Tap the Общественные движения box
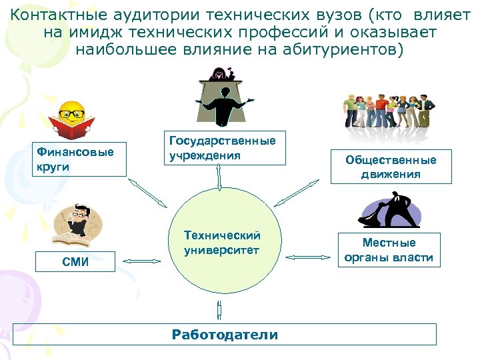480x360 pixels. (x=391, y=167)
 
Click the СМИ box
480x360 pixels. (x=74, y=261)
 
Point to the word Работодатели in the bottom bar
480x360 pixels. (x=225, y=334)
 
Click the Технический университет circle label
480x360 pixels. (x=222, y=243)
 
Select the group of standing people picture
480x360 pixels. (x=389, y=110)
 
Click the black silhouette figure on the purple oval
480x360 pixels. (x=390, y=210)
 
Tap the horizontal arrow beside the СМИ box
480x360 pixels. (x=143, y=262)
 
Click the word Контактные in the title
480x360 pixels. (x=53, y=15)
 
